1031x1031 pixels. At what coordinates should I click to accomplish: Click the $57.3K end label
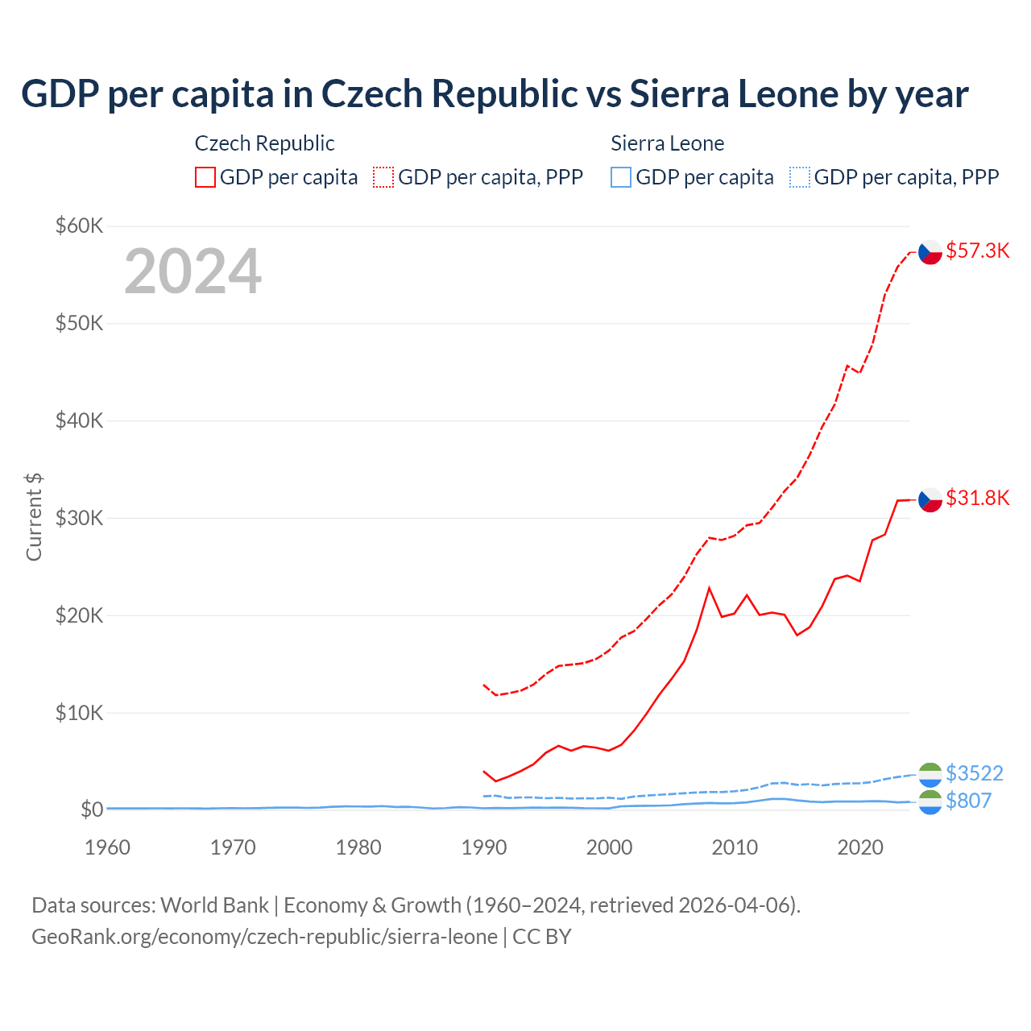[x=977, y=251]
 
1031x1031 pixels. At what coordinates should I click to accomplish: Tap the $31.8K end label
[x=977, y=498]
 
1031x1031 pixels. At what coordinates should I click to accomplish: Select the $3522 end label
[x=974, y=773]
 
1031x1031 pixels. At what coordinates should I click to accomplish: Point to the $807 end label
[x=968, y=801]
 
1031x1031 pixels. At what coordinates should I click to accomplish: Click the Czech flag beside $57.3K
[x=930, y=252]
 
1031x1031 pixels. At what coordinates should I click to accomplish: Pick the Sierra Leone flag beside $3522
[x=930, y=774]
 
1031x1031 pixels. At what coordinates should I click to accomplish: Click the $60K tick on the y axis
[x=79, y=226]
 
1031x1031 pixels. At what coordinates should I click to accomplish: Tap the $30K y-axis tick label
[x=79, y=518]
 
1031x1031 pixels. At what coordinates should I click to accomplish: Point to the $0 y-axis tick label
[x=91, y=809]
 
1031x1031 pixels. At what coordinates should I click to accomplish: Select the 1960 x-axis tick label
[x=107, y=847]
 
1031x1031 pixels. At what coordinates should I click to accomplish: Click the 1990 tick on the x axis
[x=484, y=847]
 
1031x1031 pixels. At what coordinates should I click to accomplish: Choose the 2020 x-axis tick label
[x=860, y=847]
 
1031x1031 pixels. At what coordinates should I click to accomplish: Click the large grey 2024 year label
[x=193, y=271]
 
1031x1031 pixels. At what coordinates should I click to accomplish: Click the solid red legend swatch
[x=205, y=177]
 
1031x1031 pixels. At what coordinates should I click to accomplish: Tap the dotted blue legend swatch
[x=800, y=177]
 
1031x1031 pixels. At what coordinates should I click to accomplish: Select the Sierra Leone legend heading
[x=667, y=143]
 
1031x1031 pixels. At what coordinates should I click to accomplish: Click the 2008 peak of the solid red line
[x=709, y=588]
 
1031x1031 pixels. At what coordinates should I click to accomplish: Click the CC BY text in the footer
[x=541, y=937]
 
